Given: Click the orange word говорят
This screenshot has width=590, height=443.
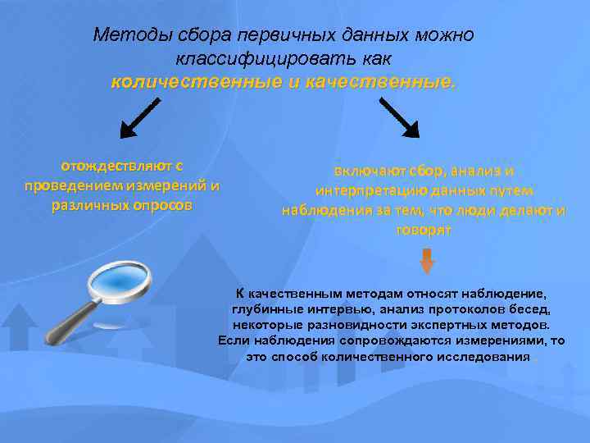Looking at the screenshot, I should click(x=423, y=231).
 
